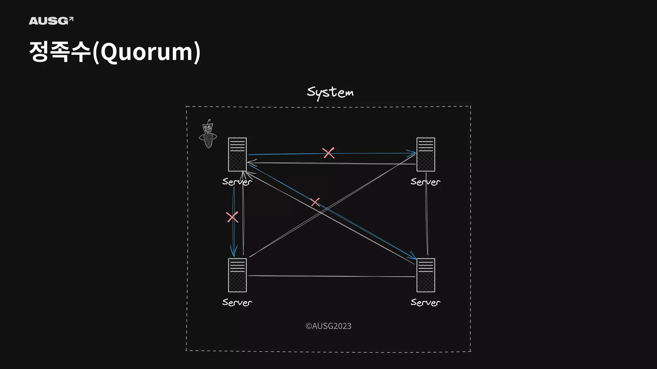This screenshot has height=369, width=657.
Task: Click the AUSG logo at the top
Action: pos(51,21)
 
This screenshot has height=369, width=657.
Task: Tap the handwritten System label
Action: pos(330,93)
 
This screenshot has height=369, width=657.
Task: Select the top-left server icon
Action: pos(237,154)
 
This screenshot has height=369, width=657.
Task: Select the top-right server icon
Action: pos(426,154)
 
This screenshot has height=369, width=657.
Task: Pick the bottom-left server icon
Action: pos(237,275)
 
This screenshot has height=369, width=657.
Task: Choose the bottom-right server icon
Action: pos(426,275)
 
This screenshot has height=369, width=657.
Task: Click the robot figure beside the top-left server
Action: pos(208,134)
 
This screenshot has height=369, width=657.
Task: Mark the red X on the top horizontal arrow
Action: pos(328,153)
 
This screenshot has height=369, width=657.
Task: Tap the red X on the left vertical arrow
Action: pos(232,217)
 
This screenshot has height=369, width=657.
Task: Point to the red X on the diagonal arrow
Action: pos(315,202)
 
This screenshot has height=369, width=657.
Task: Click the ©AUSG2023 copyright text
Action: pos(328,326)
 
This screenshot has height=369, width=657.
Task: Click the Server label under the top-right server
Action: pos(425,182)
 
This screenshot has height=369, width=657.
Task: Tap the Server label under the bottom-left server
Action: pos(237,302)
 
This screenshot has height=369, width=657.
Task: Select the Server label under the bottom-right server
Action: pos(425,302)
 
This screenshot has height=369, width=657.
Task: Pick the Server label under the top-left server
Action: pos(237,182)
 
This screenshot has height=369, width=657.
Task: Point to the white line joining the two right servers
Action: pos(427,215)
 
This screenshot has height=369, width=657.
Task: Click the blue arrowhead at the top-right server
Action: pos(412,153)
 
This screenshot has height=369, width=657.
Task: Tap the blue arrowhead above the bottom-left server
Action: pos(234,251)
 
